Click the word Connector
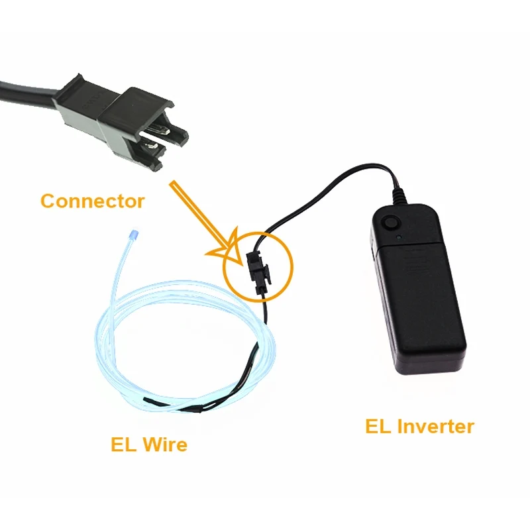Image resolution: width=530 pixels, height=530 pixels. click(93, 201)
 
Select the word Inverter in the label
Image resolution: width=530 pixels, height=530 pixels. click(436, 426)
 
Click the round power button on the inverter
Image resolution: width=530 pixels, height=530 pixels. click(391, 223)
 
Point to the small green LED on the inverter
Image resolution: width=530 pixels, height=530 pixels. click(399, 237)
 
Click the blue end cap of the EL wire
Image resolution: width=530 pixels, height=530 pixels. click(134, 235)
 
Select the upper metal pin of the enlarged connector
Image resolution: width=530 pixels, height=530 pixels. click(159, 129)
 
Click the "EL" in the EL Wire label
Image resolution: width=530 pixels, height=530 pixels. click(123, 444)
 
